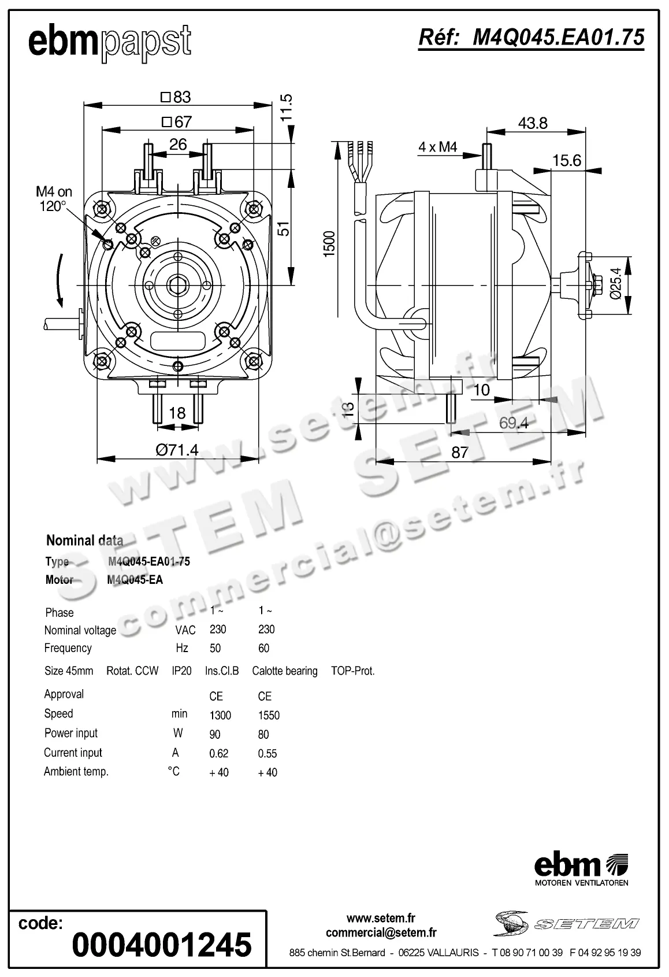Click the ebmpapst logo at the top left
pos(110,42)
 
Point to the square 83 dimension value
pos(176,97)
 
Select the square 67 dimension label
pos(177,122)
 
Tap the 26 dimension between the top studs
pos(178,144)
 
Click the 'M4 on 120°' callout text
pos(54,199)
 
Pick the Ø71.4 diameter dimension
pos(177,450)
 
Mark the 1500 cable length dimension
pos(329,244)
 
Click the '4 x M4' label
pos(437,147)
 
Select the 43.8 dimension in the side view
pos(532,123)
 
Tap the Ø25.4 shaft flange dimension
pos(616,283)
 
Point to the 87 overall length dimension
pos(459,452)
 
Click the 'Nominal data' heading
pos(84,541)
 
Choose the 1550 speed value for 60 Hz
pos(269,715)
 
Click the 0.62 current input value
pos(219,753)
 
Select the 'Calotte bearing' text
pos(284,671)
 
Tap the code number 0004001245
pos(162,944)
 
